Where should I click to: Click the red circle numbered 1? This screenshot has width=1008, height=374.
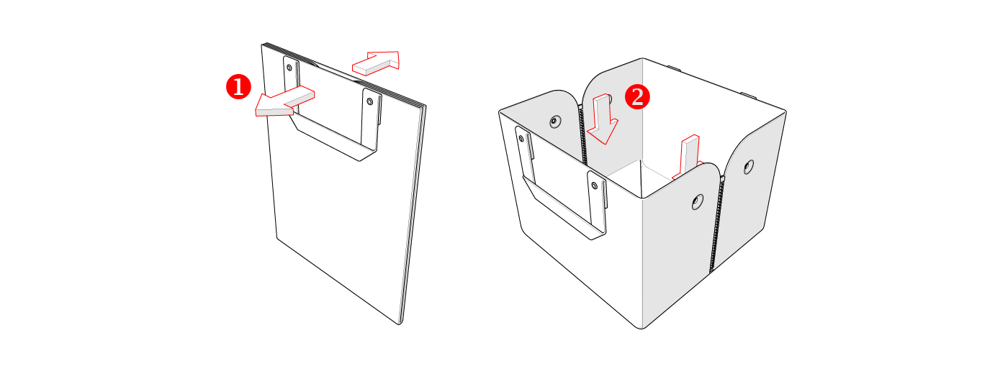click(x=238, y=87)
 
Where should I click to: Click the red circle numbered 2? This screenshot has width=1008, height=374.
click(x=637, y=96)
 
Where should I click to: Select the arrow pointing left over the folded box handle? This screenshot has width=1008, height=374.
click(x=285, y=101)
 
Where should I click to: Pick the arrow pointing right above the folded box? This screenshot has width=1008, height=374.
click(x=376, y=63)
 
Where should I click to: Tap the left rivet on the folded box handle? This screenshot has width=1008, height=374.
click(x=289, y=68)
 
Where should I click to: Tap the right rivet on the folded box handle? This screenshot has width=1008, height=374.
click(x=370, y=101)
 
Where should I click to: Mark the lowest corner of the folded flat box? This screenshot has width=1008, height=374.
click(x=400, y=324)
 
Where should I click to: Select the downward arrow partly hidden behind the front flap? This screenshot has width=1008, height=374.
click(x=688, y=157)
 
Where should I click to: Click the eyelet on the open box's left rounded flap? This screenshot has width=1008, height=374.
click(x=555, y=122)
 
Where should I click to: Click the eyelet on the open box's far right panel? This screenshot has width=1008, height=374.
click(x=748, y=167)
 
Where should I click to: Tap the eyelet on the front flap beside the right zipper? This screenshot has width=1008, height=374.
click(x=698, y=202)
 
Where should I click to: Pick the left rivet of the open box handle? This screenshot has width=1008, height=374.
click(x=522, y=138)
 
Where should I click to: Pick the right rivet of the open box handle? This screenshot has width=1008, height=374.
click(x=594, y=186)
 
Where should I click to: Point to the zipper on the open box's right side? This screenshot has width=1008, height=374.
click(x=716, y=224)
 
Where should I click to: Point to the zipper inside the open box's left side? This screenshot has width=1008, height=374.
click(x=582, y=135)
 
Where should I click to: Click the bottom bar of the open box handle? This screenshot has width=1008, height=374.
click(x=562, y=210)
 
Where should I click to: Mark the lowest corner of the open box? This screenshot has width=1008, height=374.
click(x=642, y=328)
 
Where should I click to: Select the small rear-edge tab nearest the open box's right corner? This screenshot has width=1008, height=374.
click(x=749, y=95)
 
